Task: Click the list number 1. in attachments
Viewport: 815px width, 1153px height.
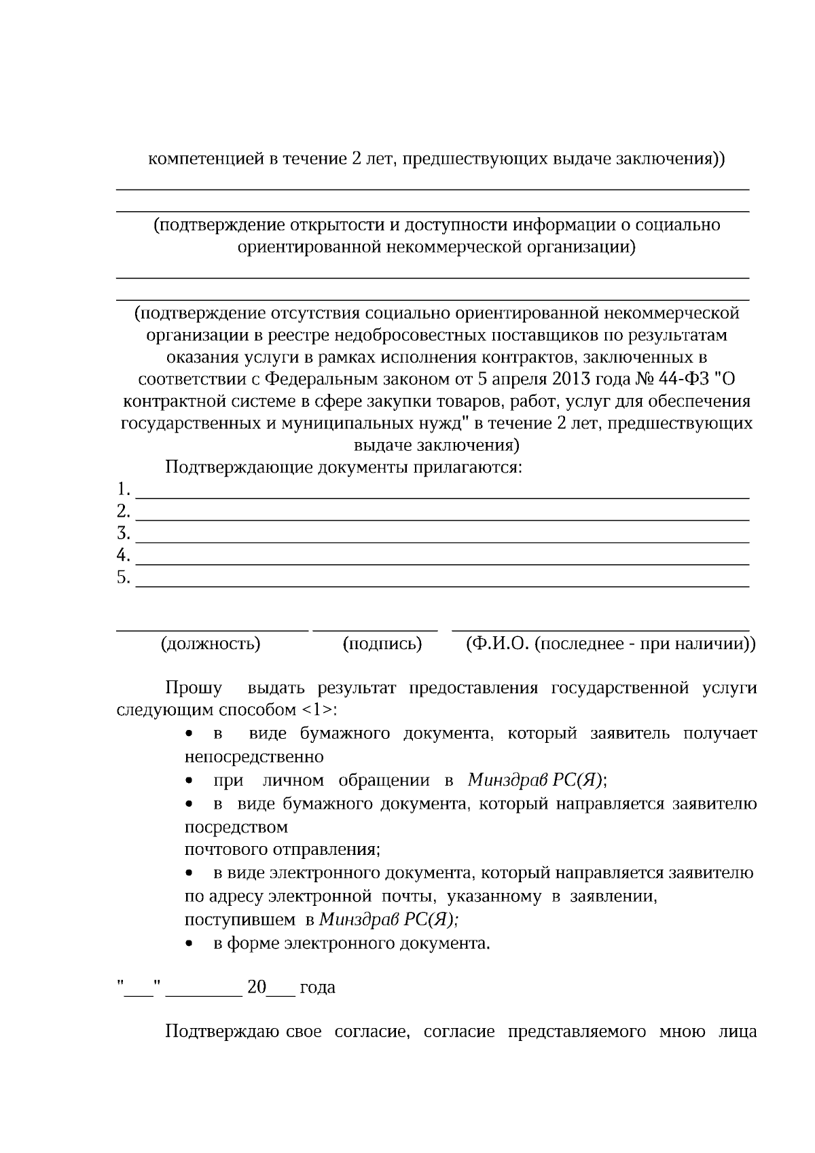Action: (x=123, y=489)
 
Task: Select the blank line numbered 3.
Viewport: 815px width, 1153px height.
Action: (x=443, y=541)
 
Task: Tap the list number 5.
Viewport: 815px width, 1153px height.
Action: (x=123, y=577)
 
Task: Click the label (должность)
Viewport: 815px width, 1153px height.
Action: (x=211, y=643)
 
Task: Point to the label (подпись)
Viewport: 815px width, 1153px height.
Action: (x=382, y=643)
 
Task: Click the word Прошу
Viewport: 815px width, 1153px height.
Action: (x=194, y=688)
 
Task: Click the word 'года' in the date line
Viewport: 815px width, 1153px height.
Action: (x=317, y=987)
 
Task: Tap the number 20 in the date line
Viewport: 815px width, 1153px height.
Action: (x=257, y=987)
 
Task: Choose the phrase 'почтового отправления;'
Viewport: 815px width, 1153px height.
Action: (x=282, y=849)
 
